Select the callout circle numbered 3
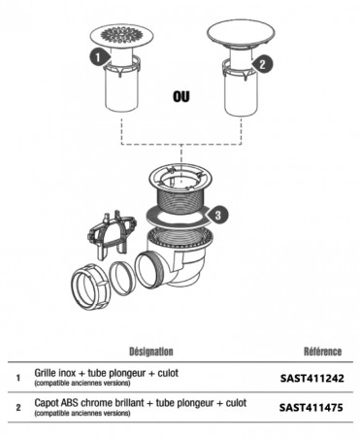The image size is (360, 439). coord(221,211)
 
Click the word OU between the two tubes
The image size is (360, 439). coord(180,97)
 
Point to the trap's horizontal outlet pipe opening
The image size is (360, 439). coord(153,266)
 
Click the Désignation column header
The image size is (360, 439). coord(150,351)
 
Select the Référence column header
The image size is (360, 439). coord(321,351)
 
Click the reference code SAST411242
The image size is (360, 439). coord(311,379)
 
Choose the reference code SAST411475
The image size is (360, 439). coord(311,408)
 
